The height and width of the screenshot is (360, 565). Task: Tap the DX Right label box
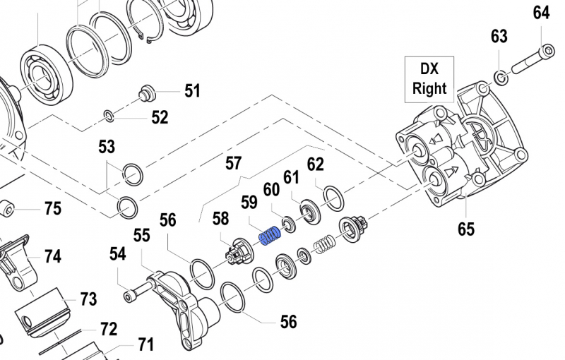tap(429, 78)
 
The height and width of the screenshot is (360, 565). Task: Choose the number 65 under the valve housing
tap(465, 228)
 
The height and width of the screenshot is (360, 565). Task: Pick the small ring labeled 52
tap(109, 115)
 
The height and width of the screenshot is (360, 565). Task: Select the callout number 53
tap(106, 147)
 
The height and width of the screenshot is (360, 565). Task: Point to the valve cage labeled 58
tap(240, 250)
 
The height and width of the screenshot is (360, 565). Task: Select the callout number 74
tap(53, 256)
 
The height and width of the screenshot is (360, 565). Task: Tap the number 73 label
tap(88, 299)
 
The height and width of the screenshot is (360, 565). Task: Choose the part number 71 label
tap(145, 344)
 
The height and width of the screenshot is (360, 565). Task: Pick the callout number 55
tap(142, 235)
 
